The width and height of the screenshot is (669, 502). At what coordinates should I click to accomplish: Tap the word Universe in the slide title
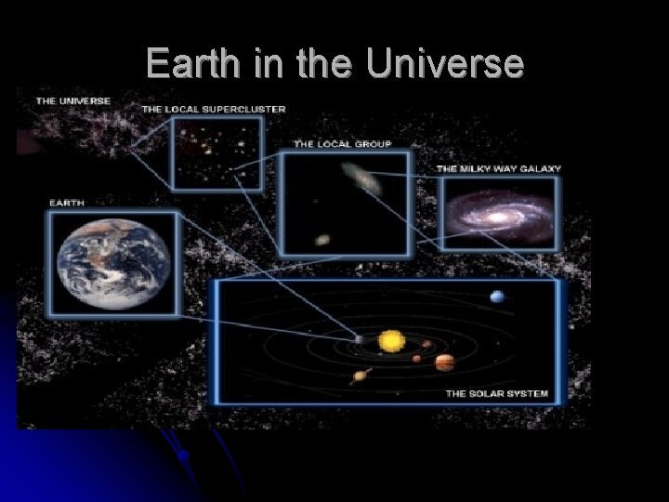[446, 63]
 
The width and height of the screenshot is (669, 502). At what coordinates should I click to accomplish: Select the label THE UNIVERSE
[73, 100]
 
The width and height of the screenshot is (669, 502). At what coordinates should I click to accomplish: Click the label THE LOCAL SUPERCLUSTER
[213, 110]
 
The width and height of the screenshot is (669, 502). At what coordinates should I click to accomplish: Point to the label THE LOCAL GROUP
[342, 144]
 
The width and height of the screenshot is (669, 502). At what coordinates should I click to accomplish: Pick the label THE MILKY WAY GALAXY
[498, 168]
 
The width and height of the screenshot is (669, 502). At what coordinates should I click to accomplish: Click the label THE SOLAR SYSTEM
[496, 394]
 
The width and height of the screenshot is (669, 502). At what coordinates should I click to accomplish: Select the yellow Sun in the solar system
[392, 342]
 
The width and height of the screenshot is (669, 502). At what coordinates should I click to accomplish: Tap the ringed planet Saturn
[361, 376]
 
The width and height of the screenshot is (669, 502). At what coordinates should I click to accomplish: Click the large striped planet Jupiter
[445, 362]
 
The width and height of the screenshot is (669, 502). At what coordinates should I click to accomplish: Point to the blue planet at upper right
[497, 297]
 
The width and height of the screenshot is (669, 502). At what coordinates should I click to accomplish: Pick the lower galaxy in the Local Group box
[322, 240]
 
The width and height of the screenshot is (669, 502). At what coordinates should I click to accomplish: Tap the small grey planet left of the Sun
[360, 340]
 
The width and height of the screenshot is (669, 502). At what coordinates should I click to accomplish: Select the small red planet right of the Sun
[417, 358]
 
